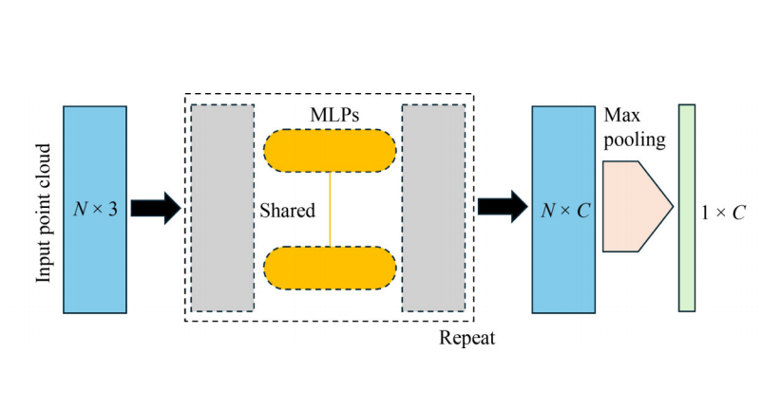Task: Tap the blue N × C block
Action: pyautogui.click(x=562, y=256)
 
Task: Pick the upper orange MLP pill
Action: pyautogui.click(x=329, y=149)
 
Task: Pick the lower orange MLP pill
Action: pyautogui.click(x=329, y=268)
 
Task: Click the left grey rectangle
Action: pyautogui.click(x=222, y=208)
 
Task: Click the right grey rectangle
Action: pyautogui.click(x=433, y=208)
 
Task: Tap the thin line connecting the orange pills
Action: pyautogui.click(x=330, y=208)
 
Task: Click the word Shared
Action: pyautogui.click(x=287, y=211)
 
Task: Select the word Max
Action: pyautogui.click(x=619, y=115)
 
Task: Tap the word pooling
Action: pyautogui.click(x=634, y=140)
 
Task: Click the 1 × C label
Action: pyautogui.click(x=723, y=212)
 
